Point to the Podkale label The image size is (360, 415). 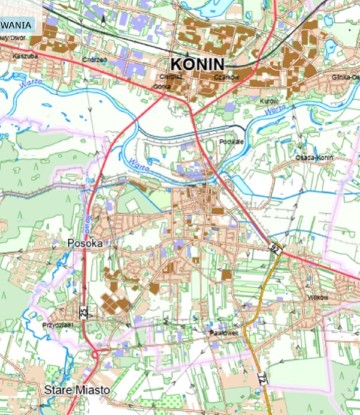coord(232,141)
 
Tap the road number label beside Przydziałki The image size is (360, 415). coord(84,311)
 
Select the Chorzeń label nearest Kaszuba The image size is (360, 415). coord(94,59)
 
